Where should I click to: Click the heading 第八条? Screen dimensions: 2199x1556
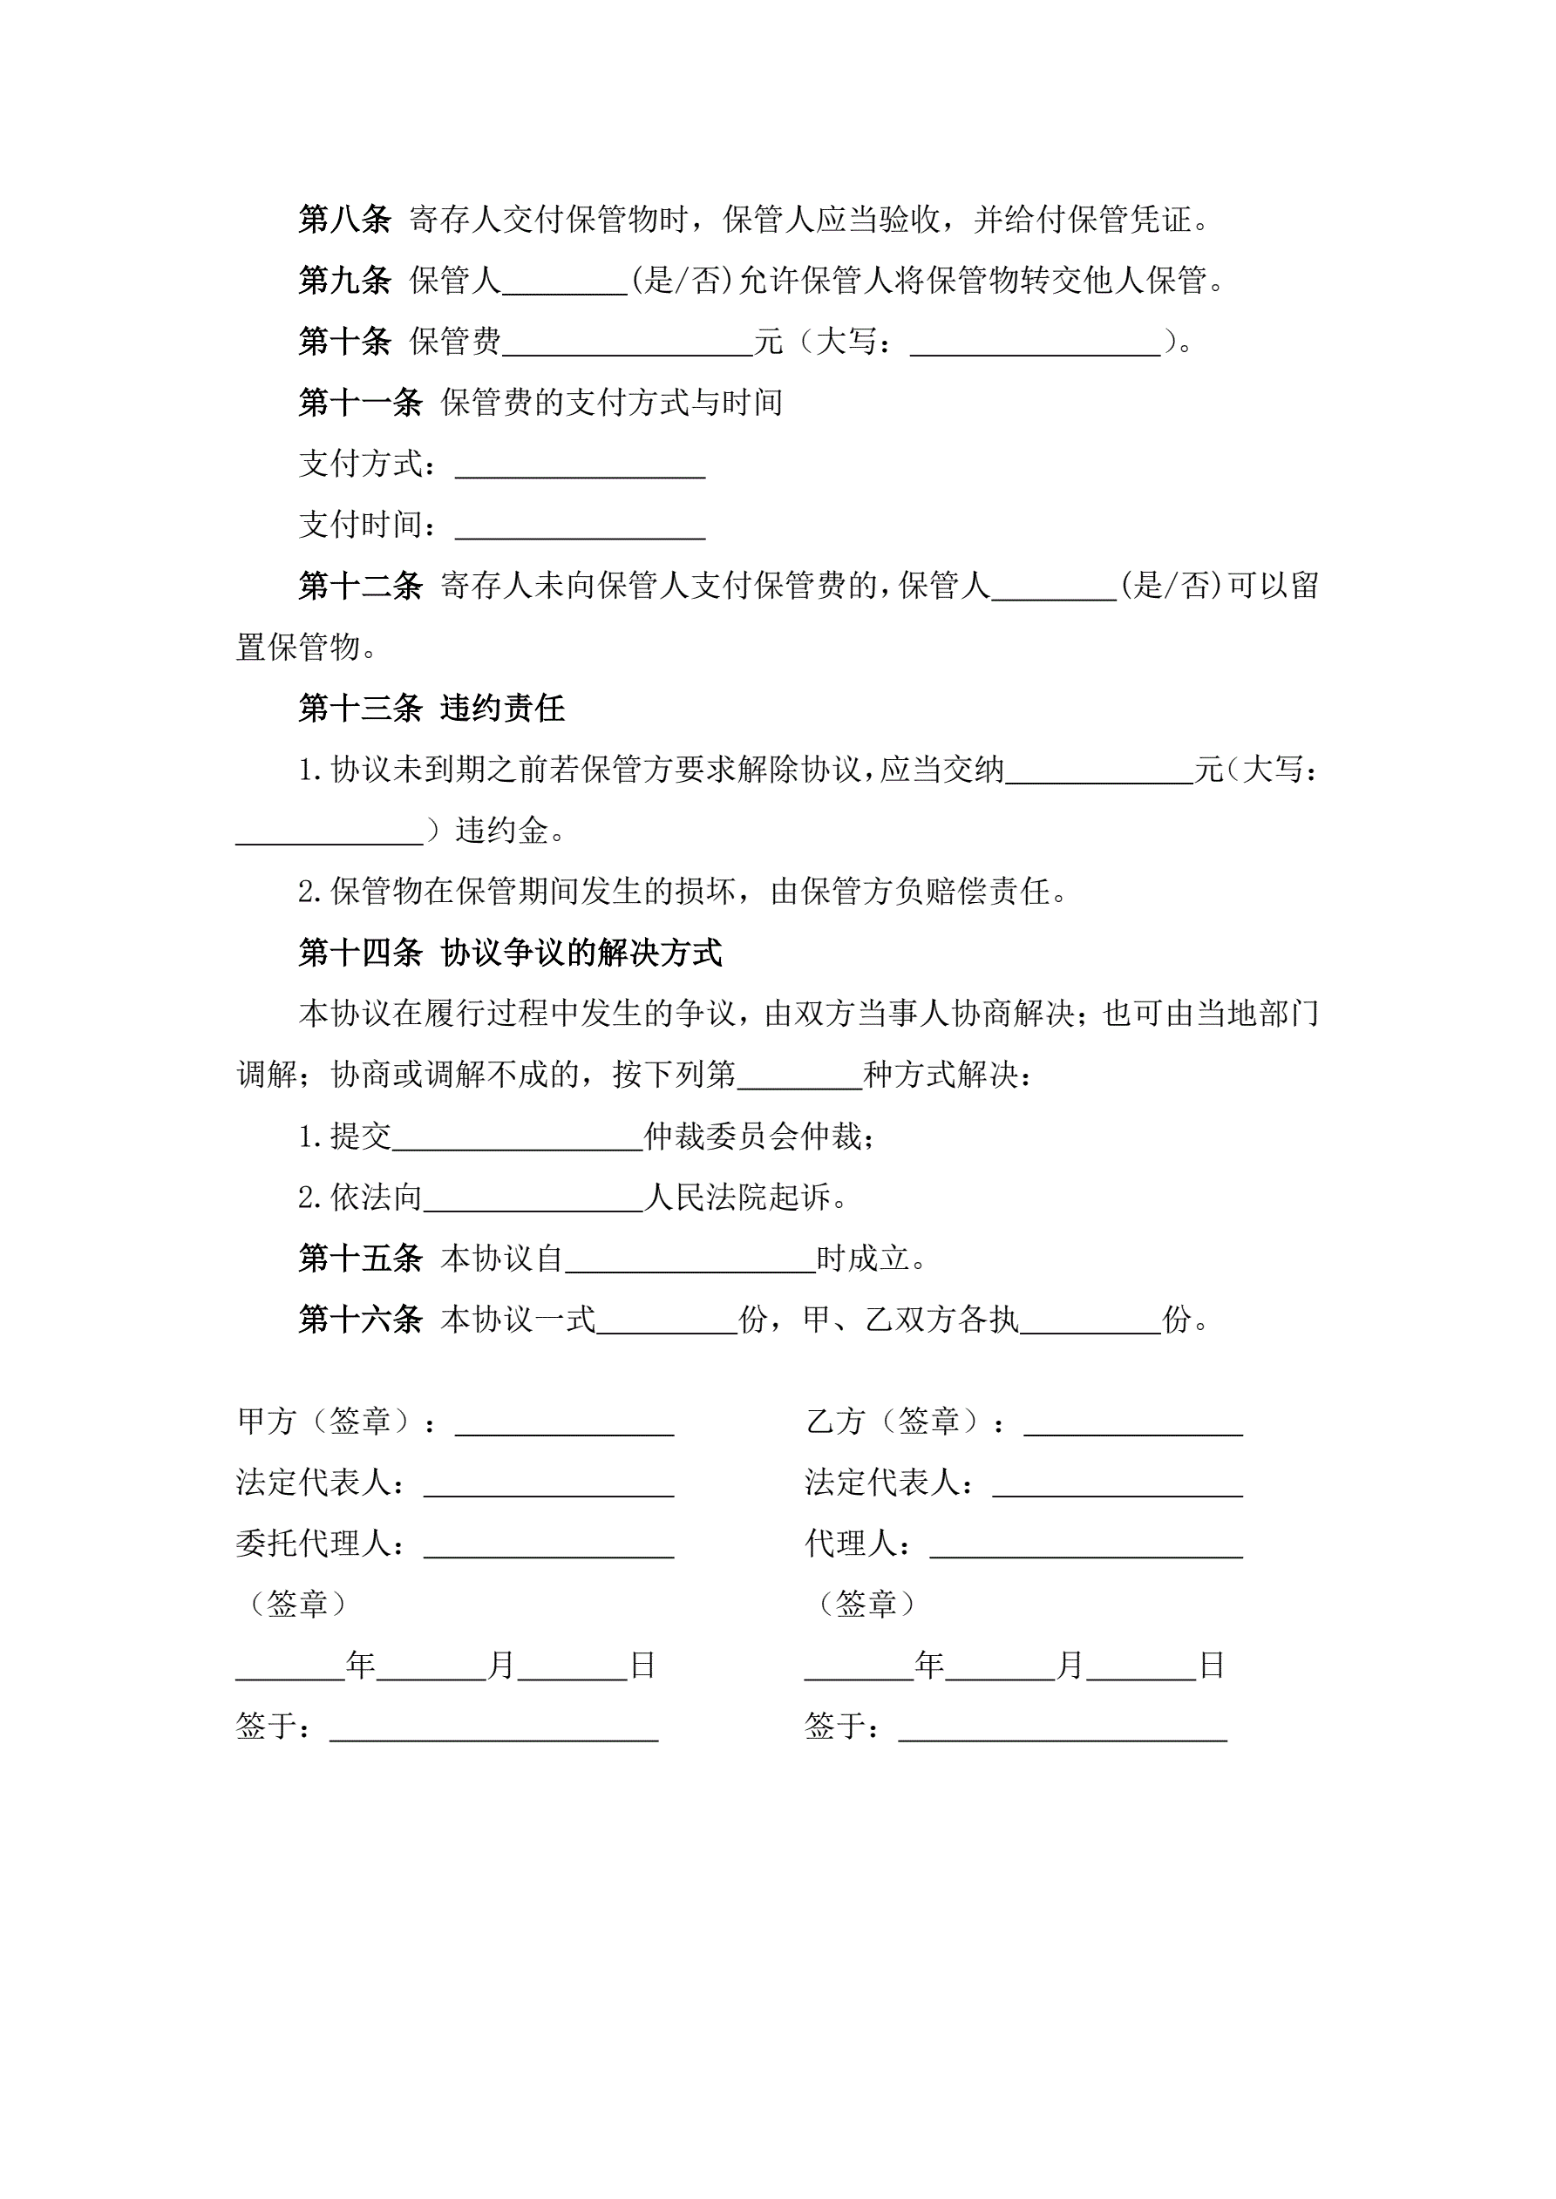344,220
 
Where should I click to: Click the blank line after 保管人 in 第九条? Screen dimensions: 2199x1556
564,283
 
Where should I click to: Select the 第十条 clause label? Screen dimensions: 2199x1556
344,341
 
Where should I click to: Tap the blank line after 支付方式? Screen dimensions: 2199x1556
580,466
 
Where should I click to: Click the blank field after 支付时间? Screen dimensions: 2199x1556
580,527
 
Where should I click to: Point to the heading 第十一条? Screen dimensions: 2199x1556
360,403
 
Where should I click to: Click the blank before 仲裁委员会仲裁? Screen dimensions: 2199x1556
518,1139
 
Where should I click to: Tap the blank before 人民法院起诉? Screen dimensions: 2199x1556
533,1200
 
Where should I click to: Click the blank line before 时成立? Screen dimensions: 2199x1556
690,1261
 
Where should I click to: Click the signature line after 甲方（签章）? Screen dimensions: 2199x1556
564,1424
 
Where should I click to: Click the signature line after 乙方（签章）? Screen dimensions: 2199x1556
1132,1424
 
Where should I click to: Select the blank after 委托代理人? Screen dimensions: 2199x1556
548,1547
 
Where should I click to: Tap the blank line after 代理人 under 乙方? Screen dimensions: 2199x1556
1085,1547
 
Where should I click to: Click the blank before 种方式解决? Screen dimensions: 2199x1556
799,1077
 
